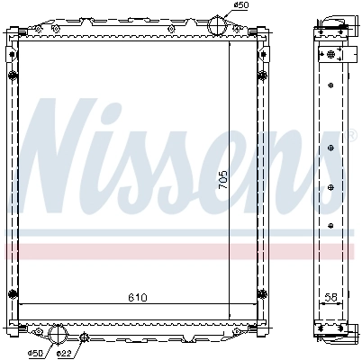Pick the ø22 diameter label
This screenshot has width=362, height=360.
tap(64, 352)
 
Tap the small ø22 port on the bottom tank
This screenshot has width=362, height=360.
tap(85, 337)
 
